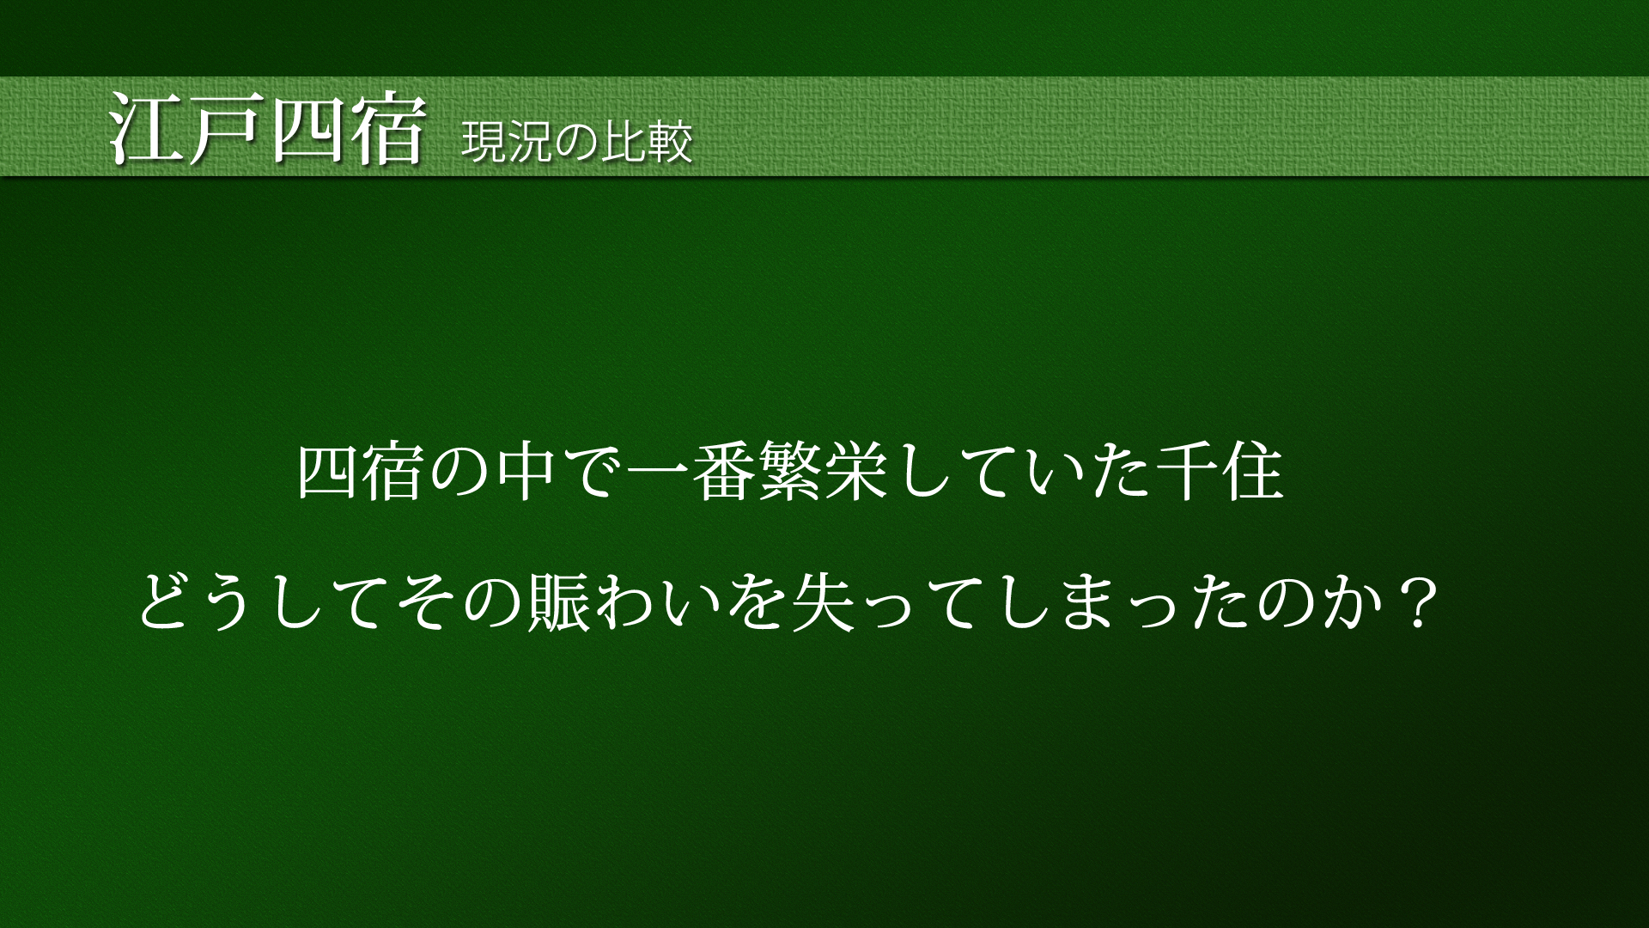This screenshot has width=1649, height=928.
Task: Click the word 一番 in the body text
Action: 692,473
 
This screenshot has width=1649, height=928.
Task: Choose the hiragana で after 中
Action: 592,473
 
